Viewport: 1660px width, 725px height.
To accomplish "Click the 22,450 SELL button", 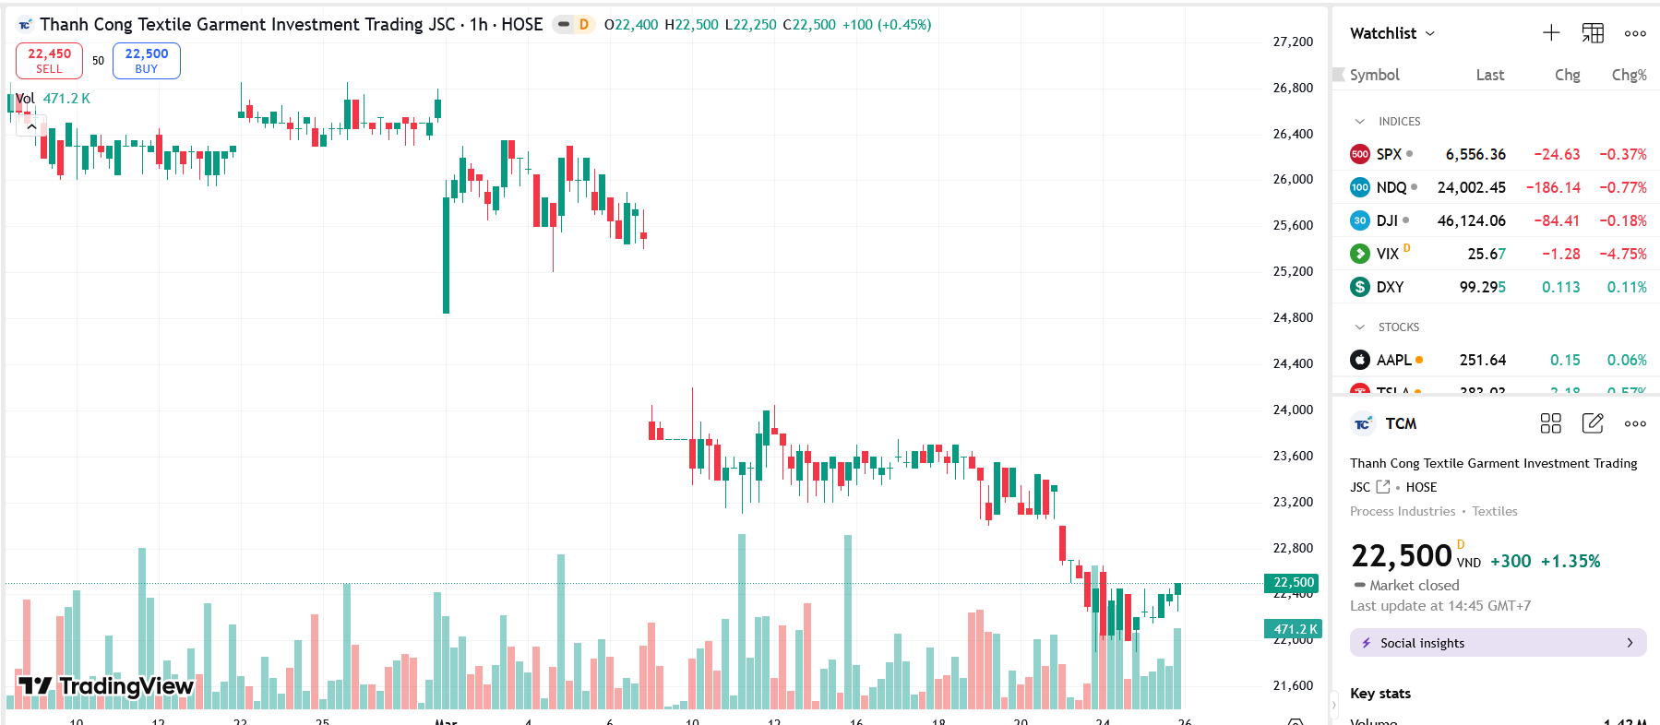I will coord(49,61).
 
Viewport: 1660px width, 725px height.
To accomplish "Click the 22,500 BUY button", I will coord(146,61).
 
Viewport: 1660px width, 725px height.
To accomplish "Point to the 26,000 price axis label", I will coord(1293,179).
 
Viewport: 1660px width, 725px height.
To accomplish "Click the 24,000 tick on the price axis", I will coord(1293,410).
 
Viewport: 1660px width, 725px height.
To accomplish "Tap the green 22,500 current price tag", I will coord(1292,582).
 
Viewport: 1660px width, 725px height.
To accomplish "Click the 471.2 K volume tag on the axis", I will coord(1294,629).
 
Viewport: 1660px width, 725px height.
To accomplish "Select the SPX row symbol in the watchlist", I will coord(1388,154).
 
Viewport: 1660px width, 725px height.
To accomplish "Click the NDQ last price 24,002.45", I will coord(1471,187).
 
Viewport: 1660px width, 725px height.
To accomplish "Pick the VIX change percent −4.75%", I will coord(1622,254).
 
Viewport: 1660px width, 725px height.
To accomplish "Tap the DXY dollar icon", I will coord(1359,287).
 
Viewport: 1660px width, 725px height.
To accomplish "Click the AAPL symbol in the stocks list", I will coord(1393,360).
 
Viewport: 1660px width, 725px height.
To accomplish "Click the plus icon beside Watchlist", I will coord(1551,33).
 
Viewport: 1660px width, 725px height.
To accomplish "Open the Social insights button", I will coord(1498,643).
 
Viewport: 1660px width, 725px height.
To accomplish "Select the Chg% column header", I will coord(1629,75).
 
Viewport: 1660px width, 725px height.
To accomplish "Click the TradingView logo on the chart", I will coord(106,685).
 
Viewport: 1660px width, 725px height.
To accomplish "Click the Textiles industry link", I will coord(1494,511).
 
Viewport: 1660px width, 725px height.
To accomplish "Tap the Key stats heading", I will coord(1379,693).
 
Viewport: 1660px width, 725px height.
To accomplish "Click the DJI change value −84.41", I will coord(1557,220).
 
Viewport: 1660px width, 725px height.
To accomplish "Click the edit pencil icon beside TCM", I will coord(1593,423).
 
